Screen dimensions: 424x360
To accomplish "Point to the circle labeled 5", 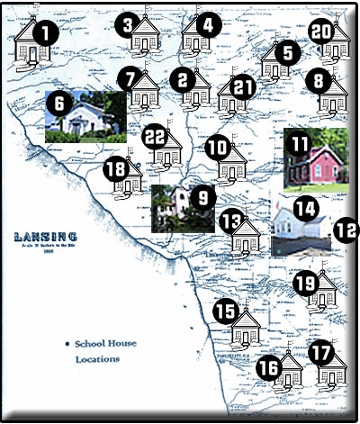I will click(287, 52).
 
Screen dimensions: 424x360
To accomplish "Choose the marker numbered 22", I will click(156, 135).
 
